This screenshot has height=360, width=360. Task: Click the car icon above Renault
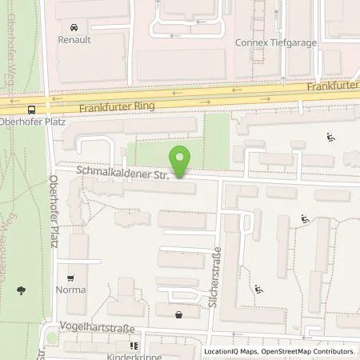click(73, 26)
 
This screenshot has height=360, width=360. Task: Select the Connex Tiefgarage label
click(272, 43)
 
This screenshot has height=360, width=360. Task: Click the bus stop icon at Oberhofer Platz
click(31, 110)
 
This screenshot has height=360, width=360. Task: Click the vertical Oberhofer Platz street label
click(54, 212)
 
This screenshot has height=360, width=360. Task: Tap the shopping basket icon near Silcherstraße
click(178, 315)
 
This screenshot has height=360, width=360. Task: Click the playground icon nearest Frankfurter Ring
click(330, 138)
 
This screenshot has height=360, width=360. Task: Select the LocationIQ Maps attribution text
click(233, 351)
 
